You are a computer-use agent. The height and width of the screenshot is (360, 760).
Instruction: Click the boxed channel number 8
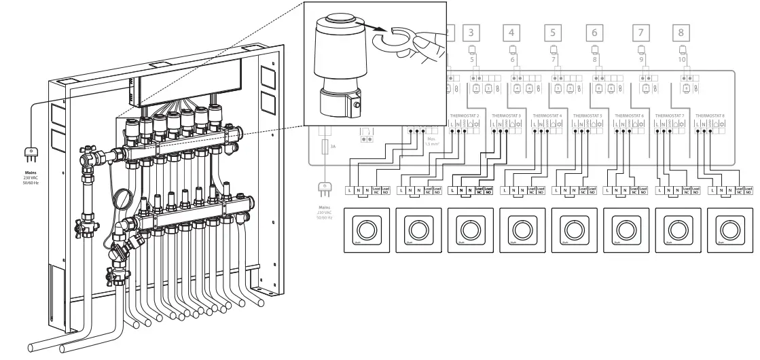(681, 31)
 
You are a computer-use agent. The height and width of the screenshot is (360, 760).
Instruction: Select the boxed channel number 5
(554, 31)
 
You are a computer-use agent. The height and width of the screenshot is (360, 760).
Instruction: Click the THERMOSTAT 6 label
(629, 116)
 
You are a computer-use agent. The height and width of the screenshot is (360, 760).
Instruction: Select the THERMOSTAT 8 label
(710, 116)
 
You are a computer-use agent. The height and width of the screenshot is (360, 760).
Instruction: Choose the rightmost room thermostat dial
(730, 228)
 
